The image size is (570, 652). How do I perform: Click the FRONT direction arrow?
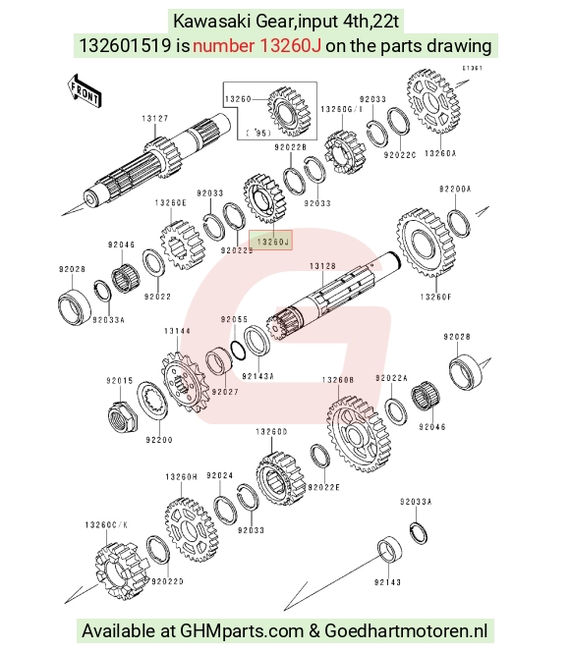tap(85, 91)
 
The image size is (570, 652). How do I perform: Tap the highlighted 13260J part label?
tap(271, 242)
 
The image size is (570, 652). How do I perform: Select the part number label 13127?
tap(154, 119)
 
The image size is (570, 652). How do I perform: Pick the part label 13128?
tap(322, 266)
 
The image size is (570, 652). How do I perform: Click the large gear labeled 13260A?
tap(432, 101)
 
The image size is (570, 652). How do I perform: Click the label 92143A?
tap(257, 376)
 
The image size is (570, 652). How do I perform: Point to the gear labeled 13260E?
tap(182, 245)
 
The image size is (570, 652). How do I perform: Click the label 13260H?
tap(181, 477)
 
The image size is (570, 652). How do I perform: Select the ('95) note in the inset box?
tap(257, 133)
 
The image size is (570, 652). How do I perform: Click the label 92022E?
tap(323, 487)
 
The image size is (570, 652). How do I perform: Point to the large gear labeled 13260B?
tap(359, 435)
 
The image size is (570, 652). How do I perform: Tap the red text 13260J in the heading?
tap(290, 45)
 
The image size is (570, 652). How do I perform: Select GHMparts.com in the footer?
tap(242, 630)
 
